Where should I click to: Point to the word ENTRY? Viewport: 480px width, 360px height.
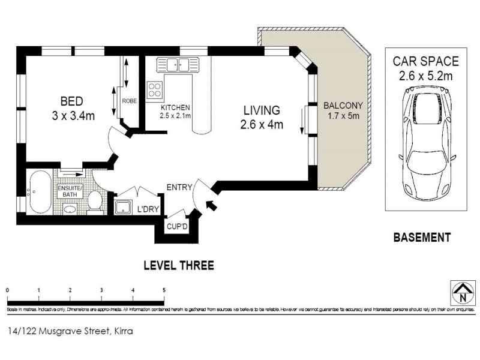tap(179, 187)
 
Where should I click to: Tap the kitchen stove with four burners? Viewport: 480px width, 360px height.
tap(155, 89)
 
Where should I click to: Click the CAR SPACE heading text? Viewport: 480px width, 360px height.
tap(425, 61)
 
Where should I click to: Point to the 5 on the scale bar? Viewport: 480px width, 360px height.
tap(164, 290)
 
